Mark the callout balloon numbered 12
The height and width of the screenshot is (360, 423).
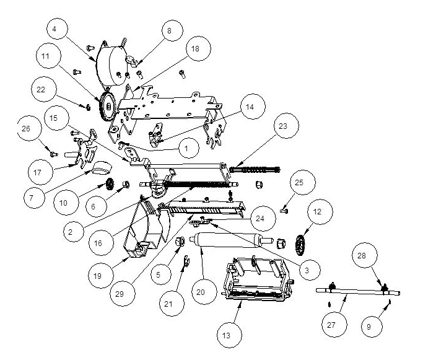click(x=317, y=212)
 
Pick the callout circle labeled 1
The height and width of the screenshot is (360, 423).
click(x=186, y=149)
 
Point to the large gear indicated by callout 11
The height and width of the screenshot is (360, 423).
click(x=107, y=107)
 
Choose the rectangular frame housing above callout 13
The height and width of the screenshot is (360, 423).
click(x=258, y=279)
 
